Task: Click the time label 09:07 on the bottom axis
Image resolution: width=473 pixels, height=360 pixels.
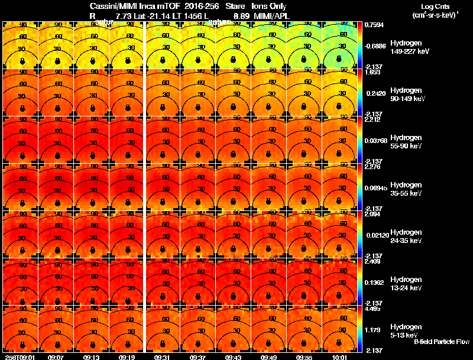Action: [x=56, y=357]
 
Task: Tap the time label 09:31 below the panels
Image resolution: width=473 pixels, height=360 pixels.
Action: [x=163, y=357]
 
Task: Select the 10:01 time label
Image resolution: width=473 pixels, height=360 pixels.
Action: [x=341, y=357]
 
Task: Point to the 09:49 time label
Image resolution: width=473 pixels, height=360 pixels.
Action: [x=270, y=357]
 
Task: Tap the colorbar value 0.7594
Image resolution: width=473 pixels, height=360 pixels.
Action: [x=373, y=25]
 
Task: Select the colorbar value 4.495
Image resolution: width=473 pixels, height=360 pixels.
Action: [x=372, y=308]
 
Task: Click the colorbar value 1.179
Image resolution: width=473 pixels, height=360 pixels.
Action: [x=372, y=330]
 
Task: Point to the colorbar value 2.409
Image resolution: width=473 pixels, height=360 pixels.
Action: [x=372, y=261]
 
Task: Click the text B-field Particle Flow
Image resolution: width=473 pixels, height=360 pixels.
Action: [x=442, y=342]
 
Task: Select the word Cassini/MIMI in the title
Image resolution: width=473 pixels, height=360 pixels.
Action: [x=111, y=6]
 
